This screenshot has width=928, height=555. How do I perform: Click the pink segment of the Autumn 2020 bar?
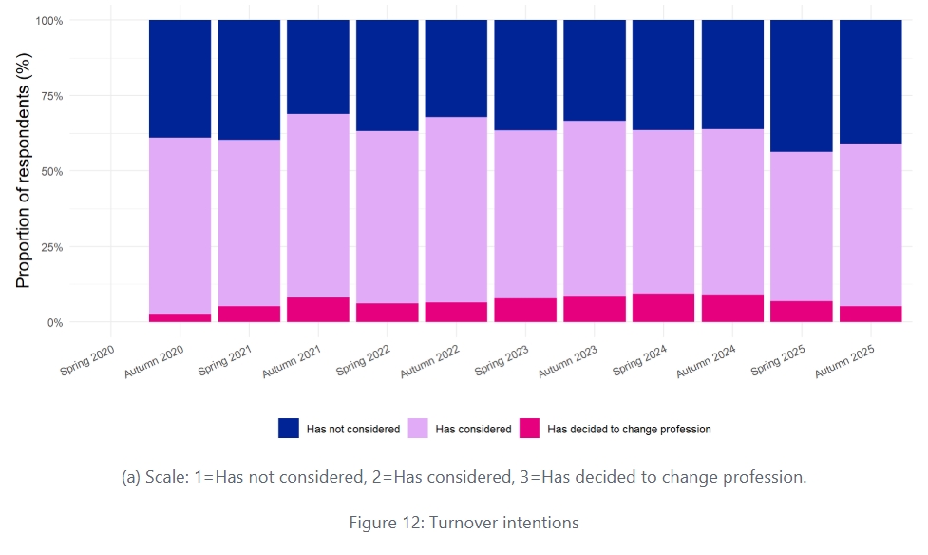(x=180, y=317)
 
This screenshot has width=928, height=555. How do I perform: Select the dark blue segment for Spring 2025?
(x=801, y=86)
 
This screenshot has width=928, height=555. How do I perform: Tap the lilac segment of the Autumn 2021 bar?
(x=318, y=205)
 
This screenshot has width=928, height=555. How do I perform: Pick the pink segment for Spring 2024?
(x=663, y=308)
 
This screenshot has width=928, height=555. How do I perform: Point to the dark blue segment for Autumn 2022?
(x=456, y=68)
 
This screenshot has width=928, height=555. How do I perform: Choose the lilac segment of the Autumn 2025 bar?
(x=870, y=224)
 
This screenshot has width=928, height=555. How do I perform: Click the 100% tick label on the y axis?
(x=49, y=20)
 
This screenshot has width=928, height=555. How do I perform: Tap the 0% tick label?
(x=55, y=322)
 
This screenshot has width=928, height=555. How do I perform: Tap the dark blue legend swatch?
(x=289, y=429)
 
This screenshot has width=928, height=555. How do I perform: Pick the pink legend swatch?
(x=529, y=429)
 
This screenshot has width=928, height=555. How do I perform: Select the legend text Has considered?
(x=472, y=429)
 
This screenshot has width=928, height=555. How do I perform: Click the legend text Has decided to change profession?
(x=629, y=429)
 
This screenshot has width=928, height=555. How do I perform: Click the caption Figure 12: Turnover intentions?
(x=464, y=522)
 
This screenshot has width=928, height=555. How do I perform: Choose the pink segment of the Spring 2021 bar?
(x=249, y=314)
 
